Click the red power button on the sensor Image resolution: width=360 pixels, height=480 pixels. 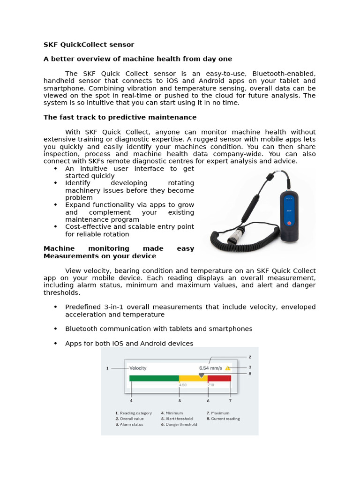pyautogui.click(x=289, y=223)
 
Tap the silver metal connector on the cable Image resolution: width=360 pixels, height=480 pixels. pyautogui.click(x=234, y=233)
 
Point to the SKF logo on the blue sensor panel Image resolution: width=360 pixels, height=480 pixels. pyautogui.click(x=289, y=211)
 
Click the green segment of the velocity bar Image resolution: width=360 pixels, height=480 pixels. pyautogui.click(x=154, y=378)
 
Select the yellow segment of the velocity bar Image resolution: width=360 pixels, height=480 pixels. pyautogui.click(x=193, y=378)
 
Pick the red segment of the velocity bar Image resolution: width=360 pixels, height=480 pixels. pyautogui.click(x=219, y=378)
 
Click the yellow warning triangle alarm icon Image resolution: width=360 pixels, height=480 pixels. pyautogui.click(x=228, y=368)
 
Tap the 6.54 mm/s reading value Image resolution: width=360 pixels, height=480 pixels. pyautogui.click(x=210, y=368)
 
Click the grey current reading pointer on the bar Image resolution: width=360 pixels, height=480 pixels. pyautogui.click(x=202, y=375)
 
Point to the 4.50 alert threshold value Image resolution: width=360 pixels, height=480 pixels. pyautogui.click(x=183, y=385)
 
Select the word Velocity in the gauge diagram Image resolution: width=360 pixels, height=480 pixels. pyautogui.click(x=138, y=368)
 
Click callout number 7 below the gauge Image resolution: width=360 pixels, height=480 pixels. pyautogui.click(x=230, y=401)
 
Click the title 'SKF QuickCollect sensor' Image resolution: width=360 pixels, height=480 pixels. pyautogui.click(x=89, y=45)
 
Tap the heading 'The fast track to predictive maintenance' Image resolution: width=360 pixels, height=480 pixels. pyautogui.click(x=120, y=117)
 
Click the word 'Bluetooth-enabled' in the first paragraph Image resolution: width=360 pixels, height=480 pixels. pyautogui.click(x=284, y=74)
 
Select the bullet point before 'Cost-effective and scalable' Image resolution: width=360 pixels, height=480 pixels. pyautogui.click(x=55, y=227)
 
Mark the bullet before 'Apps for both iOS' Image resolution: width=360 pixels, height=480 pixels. pyautogui.click(x=55, y=344)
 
